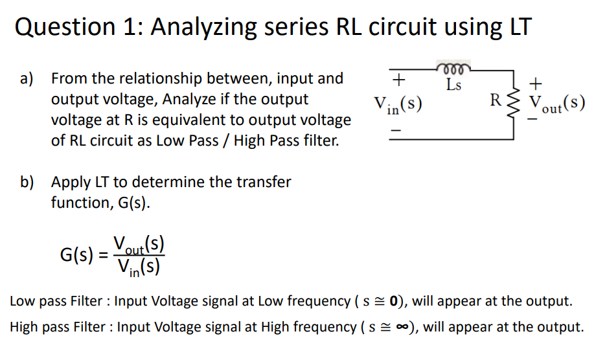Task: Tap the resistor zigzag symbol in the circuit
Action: coord(516,104)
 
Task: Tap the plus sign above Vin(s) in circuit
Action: coord(400,80)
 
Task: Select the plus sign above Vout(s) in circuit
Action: coord(534,84)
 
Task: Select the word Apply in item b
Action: coord(70,182)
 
